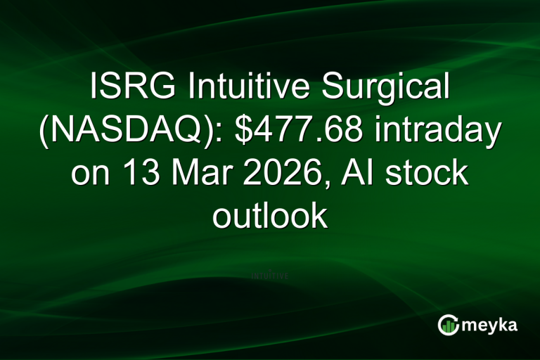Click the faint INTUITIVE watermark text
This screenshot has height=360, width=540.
tap(270, 276)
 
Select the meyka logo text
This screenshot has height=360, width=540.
tap(488, 324)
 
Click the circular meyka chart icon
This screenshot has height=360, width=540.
tap(448, 324)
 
